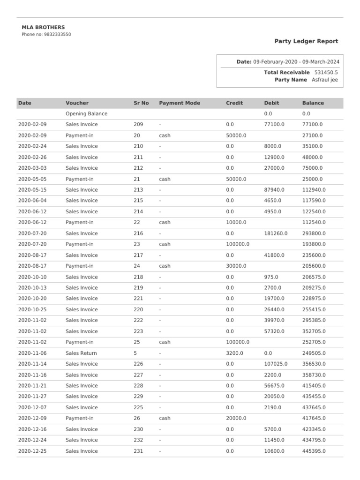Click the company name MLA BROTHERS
tap(43, 27)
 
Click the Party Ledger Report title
tap(306, 41)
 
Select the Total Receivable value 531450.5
tap(326, 72)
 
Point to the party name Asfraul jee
tap(324, 80)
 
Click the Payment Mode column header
tap(180, 103)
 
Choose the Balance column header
tap(313, 103)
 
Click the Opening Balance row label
tap(86, 113)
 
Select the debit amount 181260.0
tap(276, 233)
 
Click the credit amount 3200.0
tap(234, 353)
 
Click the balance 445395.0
tap(314, 451)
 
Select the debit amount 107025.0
tap(276, 364)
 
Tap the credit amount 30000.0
tap(236, 266)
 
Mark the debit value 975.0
tap(271, 277)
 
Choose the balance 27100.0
tap(312, 135)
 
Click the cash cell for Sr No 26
tap(165, 418)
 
